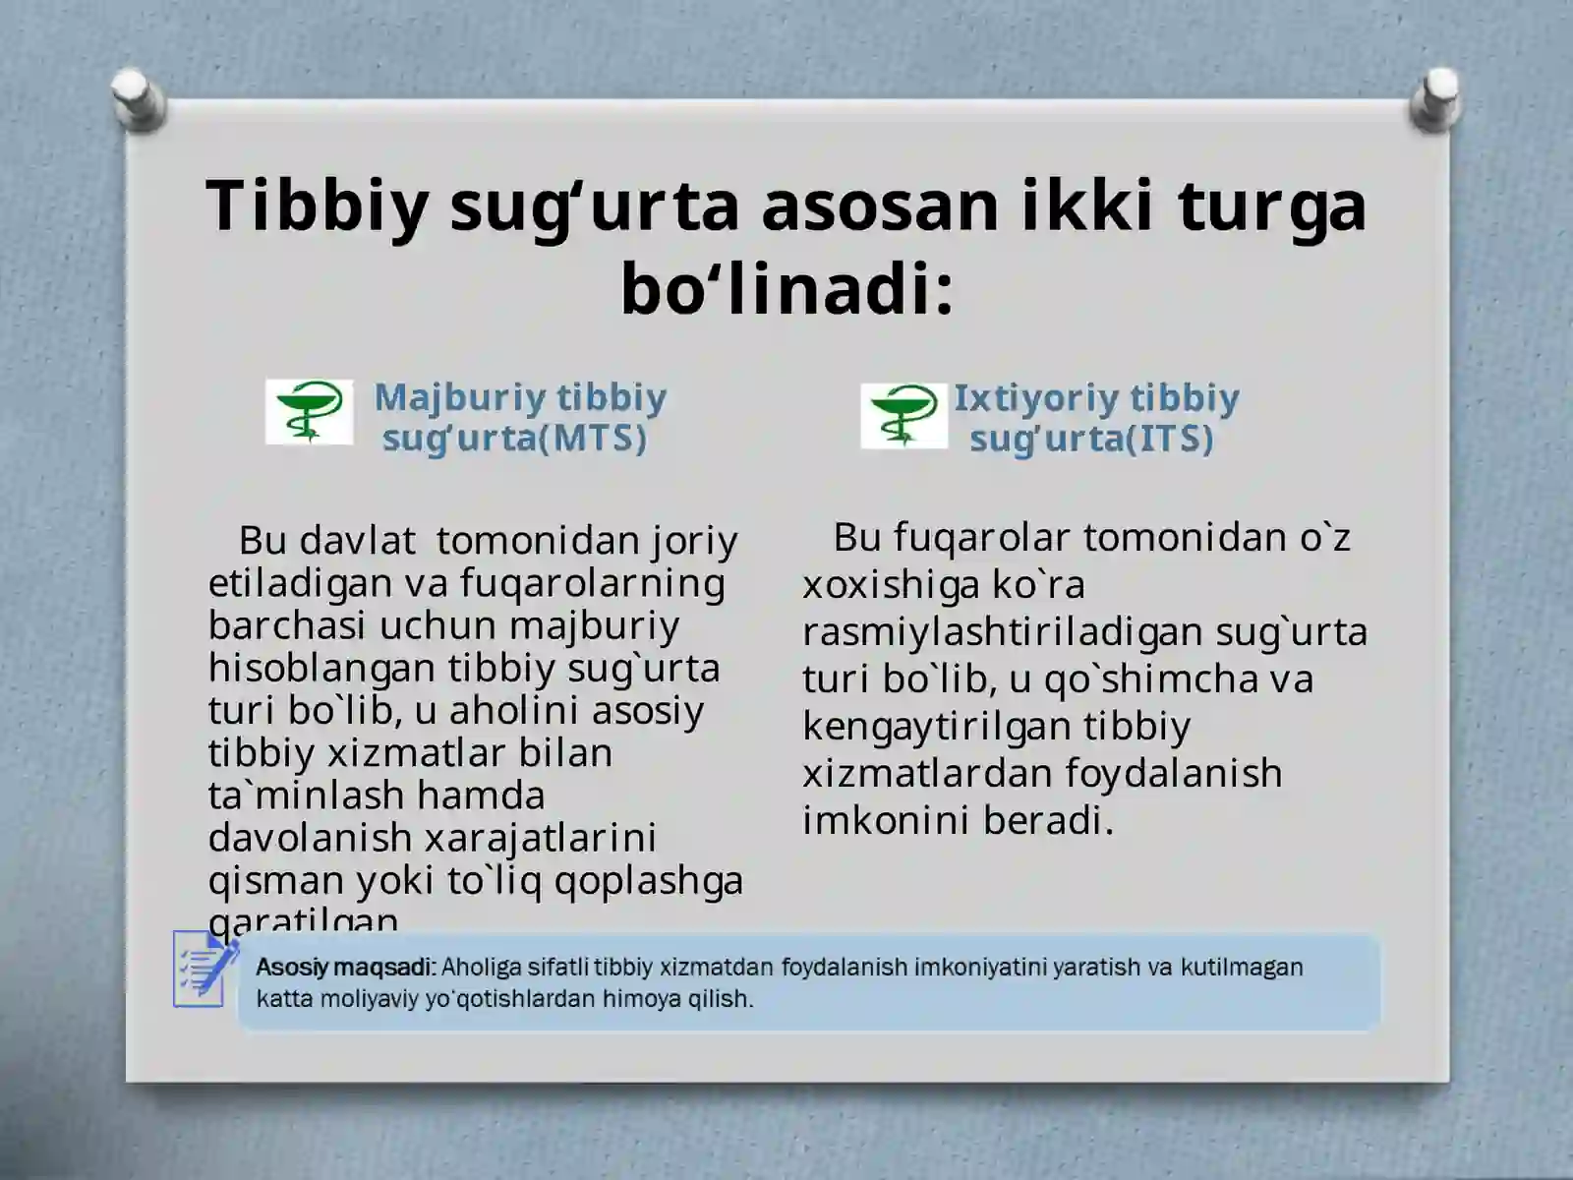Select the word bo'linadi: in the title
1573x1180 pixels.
tap(786, 289)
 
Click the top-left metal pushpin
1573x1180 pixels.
tap(139, 98)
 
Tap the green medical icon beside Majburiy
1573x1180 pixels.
tap(309, 412)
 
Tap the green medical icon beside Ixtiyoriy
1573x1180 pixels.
tap(903, 416)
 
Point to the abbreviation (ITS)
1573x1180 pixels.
tap(1164, 438)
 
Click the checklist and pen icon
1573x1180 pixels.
tap(204, 969)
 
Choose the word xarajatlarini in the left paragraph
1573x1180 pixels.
tap(540, 838)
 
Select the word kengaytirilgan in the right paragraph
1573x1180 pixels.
tap(936, 726)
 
